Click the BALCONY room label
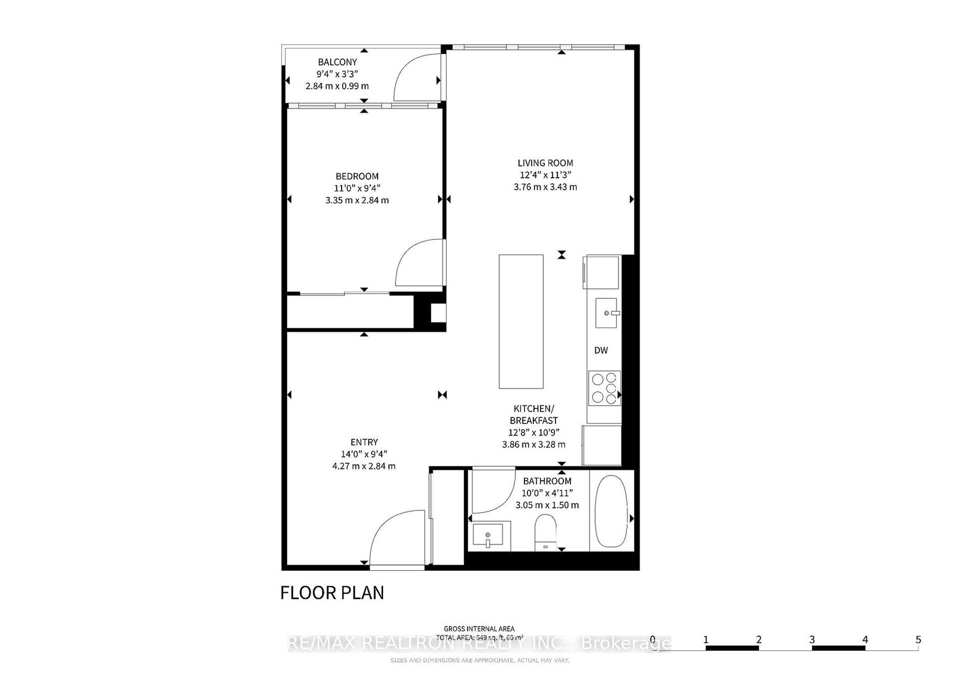[x=337, y=62]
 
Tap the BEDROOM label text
[x=357, y=176]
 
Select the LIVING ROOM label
[x=545, y=162]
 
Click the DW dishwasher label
[x=601, y=350]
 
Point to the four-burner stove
[x=604, y=388]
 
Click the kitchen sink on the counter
[x=605, y=313]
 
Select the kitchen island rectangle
[x=521, y=321]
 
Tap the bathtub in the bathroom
[x=611, y=510]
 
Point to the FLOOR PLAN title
[x=332, y=592]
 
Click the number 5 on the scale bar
[x=918, y=639]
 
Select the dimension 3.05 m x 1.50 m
[x=547, y=505]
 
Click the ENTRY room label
[x=364, y=442]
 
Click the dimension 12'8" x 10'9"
[x=533, y=432]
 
